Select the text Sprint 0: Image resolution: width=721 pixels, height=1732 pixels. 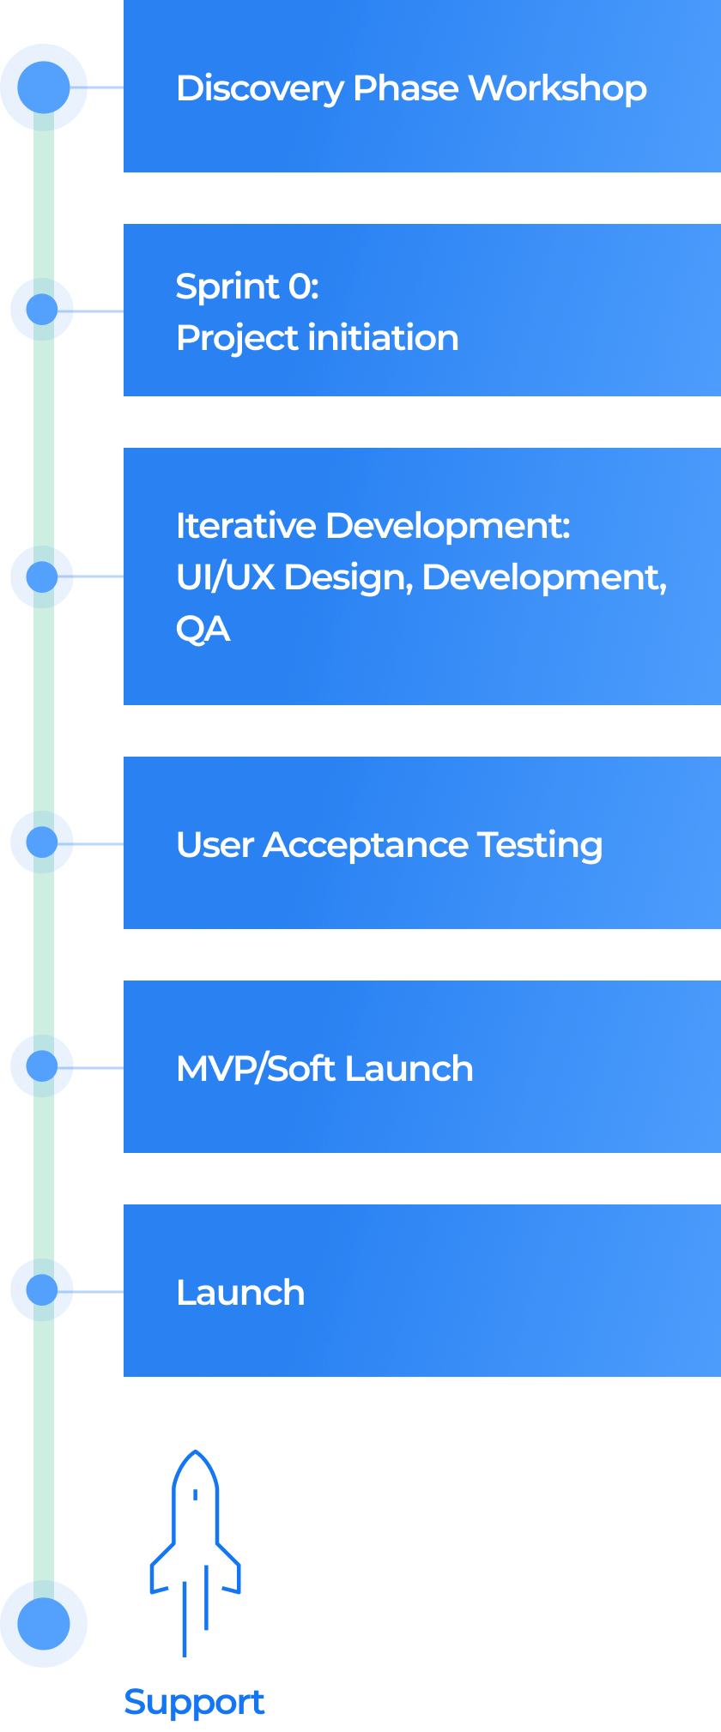coord(247,287)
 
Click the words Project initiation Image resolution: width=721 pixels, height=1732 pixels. coord(317,338)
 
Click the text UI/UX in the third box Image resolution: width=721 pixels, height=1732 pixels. coord(224,577)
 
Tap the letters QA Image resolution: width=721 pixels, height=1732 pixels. coord(203,629)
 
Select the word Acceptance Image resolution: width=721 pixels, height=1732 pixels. coord(366,845)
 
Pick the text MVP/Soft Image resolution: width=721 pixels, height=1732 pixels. coord(256,1069)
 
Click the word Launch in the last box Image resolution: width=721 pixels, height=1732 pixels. coord(240,1293)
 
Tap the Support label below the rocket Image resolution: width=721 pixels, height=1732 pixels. coord(194,1703)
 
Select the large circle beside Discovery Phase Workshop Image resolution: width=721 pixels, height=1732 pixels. coord(43,88)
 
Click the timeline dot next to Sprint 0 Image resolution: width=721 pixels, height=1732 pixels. coord(42,309)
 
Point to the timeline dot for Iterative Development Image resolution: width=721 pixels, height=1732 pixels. coord(42,576)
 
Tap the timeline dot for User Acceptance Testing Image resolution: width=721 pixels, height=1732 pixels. coord(42,842)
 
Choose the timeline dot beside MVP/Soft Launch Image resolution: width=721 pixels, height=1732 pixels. coord(42,1065)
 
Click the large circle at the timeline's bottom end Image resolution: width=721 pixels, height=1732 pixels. coord(43,1624)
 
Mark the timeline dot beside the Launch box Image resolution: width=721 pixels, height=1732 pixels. coord(42,1289)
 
